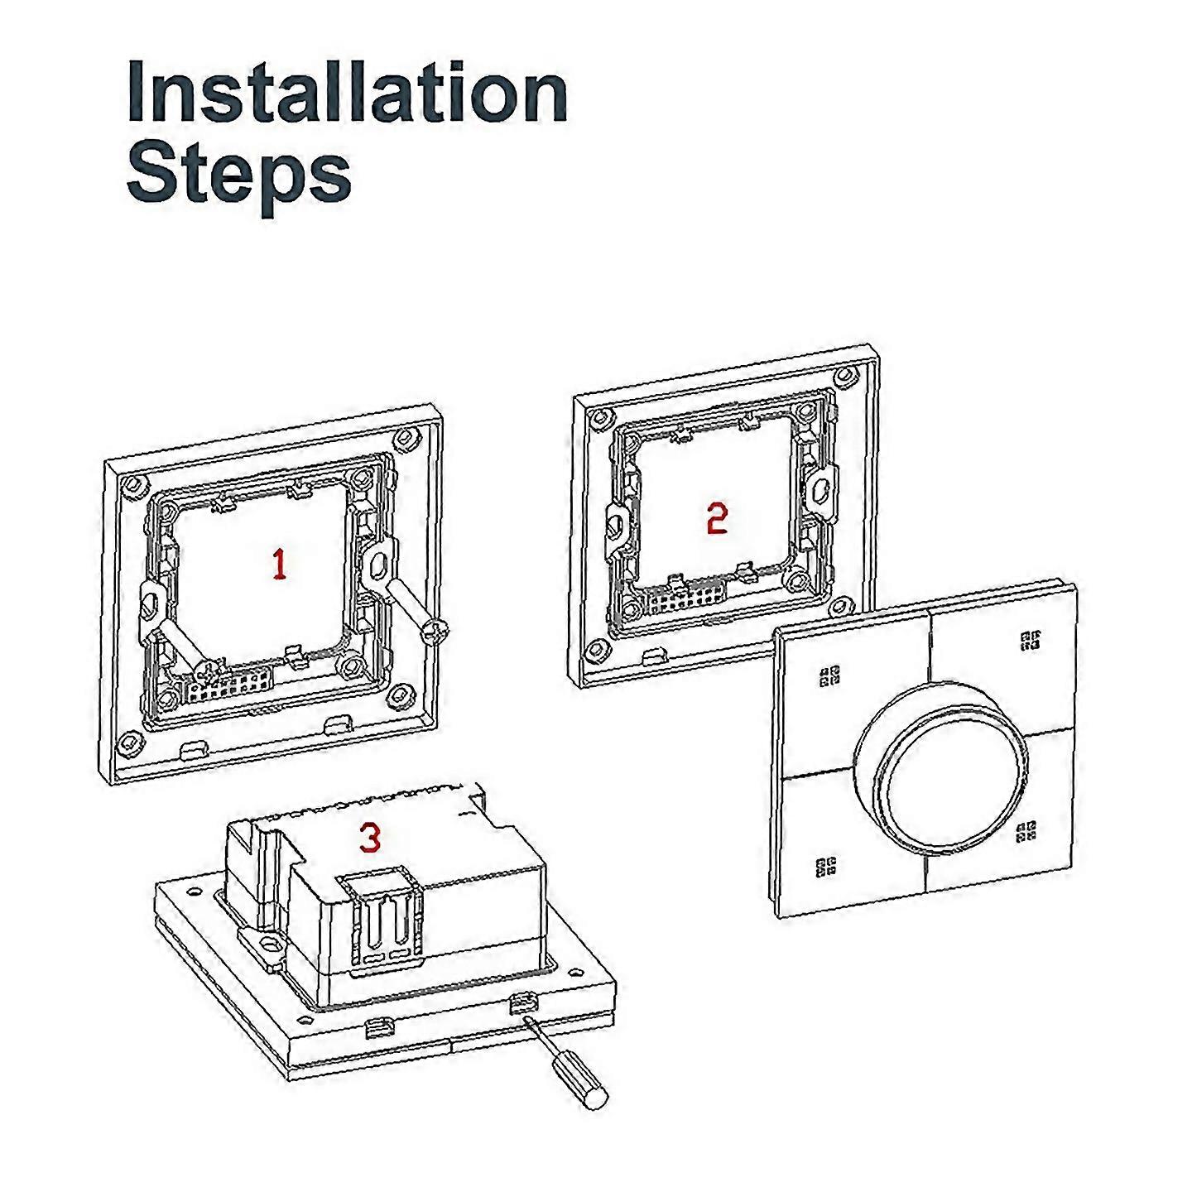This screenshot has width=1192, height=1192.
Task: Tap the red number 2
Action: click(717, 518)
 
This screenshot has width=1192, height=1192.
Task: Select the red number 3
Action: click(370, 838)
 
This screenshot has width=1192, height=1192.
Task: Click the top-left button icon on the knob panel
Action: click(829, 676)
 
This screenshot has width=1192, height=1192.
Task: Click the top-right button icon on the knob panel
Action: click(1031, 640)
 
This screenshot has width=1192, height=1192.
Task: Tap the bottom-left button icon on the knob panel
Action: click(825, 867)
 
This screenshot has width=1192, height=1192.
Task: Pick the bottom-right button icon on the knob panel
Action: click(1027, 831)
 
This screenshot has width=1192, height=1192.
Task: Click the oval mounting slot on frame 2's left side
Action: click(618, 521)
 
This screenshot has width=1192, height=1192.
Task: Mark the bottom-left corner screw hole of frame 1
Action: click(129, 743)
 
